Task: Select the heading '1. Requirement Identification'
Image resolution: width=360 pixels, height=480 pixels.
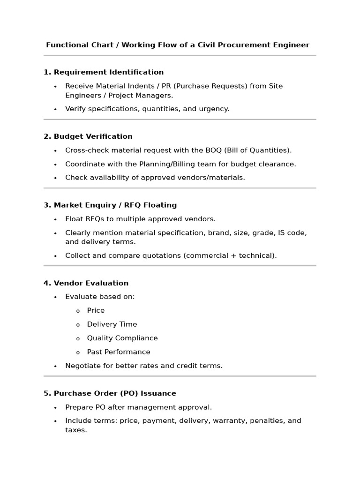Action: coord(104,72)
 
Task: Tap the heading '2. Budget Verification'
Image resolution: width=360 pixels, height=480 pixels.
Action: coord(88,136)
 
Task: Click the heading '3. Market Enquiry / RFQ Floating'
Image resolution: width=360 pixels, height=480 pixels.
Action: coord(110,205)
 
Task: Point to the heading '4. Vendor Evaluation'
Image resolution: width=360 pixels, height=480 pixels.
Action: coord(86,283)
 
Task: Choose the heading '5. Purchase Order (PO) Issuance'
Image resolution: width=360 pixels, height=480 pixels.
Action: coord(110,393)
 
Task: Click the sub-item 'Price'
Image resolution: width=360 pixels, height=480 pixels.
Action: coord(96,310)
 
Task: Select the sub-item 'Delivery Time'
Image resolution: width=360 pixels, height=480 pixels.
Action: coord(112,324)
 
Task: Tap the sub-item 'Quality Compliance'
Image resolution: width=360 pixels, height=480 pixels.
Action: coord(122,338)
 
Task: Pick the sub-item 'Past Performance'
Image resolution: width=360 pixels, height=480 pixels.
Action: coord(119,352)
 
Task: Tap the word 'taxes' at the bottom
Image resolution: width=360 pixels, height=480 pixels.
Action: coord(75,430)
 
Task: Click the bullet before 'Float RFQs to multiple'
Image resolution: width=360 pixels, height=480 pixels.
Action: coord(55,219)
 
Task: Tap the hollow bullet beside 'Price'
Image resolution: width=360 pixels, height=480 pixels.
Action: coord(78,311)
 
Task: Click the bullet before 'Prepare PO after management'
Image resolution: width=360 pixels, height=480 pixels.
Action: coord(55,408)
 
